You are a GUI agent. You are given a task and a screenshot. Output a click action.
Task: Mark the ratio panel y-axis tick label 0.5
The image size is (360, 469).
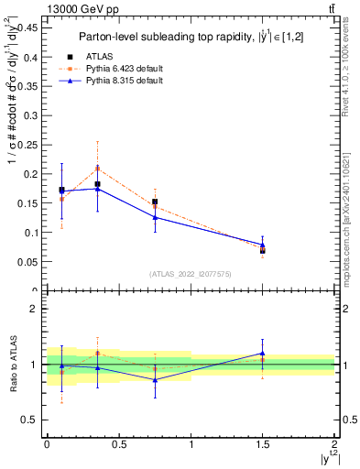[32, 420]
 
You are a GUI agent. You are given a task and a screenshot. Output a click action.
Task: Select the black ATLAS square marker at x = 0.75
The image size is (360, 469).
[155, 202]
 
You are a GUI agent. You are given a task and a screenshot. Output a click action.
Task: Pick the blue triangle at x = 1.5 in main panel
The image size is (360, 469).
[263, 245]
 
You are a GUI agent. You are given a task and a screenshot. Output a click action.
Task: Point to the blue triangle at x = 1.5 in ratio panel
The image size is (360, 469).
[263, 353]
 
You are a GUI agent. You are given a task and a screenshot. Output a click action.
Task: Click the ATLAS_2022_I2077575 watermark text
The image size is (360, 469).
[191, 273]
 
